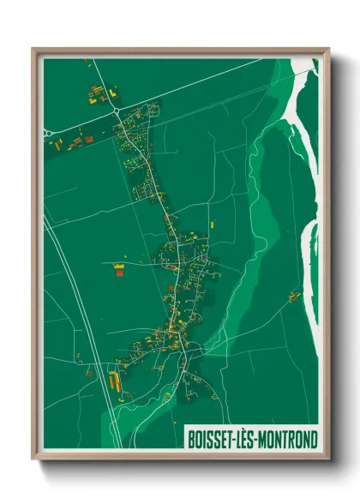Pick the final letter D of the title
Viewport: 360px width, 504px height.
[x=314, y=439]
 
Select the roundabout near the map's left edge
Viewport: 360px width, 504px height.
[x=48, y=132]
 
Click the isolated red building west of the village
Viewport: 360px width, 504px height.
[x=119, y=273]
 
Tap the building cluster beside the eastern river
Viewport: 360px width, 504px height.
[x=294, y=297]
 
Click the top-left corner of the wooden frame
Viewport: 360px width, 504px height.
[x=34, y=49]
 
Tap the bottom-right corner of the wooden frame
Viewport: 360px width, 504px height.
[x=327, y=459]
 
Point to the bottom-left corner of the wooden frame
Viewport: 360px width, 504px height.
[x=34, y=459]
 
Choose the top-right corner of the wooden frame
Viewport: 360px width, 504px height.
[x=327, y=49]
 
